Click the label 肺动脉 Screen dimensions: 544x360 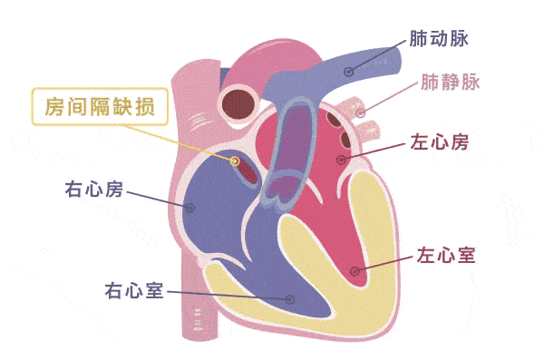point(439,38)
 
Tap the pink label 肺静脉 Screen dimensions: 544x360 point(451,83)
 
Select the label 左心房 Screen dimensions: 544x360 point(439,141)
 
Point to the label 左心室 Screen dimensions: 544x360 point(446,255)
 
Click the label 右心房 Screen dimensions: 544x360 point(94,190)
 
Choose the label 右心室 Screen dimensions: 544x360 point(134,290)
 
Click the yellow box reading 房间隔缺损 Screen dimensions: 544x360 point(100,107)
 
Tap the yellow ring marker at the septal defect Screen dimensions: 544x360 point(235,161)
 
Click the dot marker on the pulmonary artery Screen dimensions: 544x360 point(349,72)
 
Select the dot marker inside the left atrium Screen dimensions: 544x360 point(342,160)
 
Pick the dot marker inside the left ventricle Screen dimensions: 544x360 point(355,271)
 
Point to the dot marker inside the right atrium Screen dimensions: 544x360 point(189,208)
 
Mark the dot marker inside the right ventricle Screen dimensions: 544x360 point(290,299)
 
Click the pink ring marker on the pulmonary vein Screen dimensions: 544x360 point(361,112)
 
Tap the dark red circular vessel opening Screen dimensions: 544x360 point(238,104)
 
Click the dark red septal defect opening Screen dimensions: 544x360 point(247,171)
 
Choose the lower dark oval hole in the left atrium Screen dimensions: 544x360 point(345,139)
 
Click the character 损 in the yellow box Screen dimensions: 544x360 point(145,107)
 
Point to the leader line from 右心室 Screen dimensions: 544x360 point(228,295)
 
